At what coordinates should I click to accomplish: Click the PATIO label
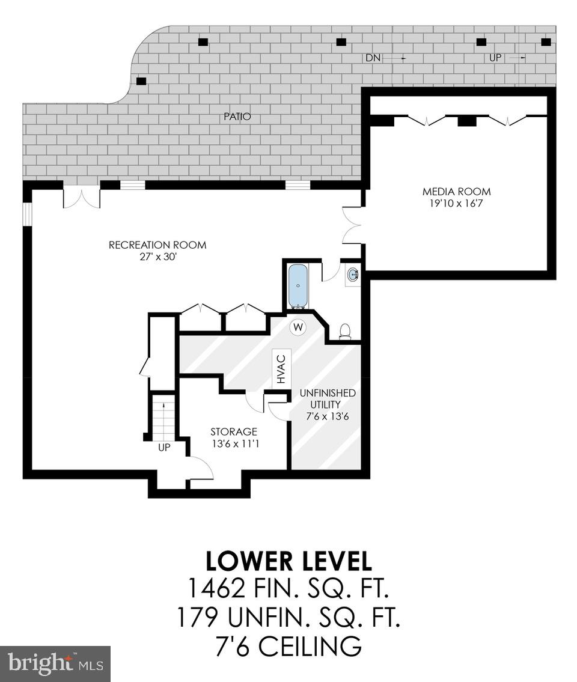[x=237, y=117]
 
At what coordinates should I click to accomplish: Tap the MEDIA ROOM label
[x=456, y=192]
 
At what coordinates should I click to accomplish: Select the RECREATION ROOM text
[x=157, y=245]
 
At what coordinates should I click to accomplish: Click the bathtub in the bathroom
[x=297, y=285]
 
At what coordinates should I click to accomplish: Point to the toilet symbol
[x=345, y=332]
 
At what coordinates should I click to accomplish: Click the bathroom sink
[x=353, y=275]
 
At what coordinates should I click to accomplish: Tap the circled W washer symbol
[x=298, y=327]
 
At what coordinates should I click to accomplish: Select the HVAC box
[x=281, y=368]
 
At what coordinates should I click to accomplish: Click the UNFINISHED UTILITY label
[x=328, y=398]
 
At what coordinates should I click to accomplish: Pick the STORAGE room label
[x=234, y=432]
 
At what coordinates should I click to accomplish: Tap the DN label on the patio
[x=373, y=58]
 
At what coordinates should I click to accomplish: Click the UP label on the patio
[x=496, y=58]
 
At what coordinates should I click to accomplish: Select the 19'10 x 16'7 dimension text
[x=456, y=204]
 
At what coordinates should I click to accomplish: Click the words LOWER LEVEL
[x=288, y=561]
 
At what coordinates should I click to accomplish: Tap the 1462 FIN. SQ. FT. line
[x=288, y=589]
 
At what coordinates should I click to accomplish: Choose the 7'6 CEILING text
[x=288, y=647]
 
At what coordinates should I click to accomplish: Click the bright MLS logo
[x=55, y=663]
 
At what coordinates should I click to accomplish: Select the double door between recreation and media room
[x=352, y=225]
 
